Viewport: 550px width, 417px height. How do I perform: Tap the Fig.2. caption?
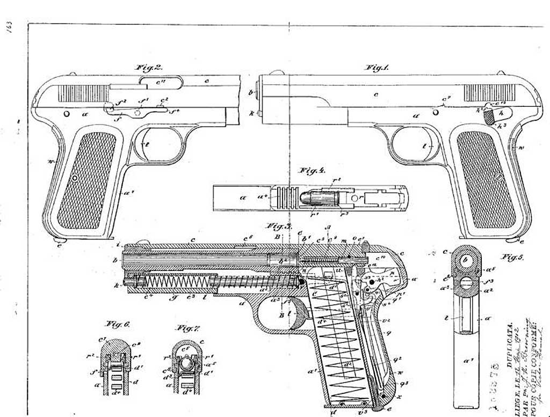coord(149,68)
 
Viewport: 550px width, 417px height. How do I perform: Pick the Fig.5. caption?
coord(512,257)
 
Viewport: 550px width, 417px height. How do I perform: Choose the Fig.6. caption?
coord(117,324)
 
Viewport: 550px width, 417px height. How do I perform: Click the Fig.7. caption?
coord(188,327)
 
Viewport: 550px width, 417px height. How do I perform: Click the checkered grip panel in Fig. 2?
coord(86,179)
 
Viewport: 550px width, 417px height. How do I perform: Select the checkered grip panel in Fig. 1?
coord(486,179)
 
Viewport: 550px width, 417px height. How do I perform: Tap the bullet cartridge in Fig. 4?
coord(318,197)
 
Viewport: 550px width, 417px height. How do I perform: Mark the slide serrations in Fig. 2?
coord(83,93)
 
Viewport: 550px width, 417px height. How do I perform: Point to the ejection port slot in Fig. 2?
coord(161,82)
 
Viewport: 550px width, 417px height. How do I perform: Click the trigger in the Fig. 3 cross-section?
coord(290,314)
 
